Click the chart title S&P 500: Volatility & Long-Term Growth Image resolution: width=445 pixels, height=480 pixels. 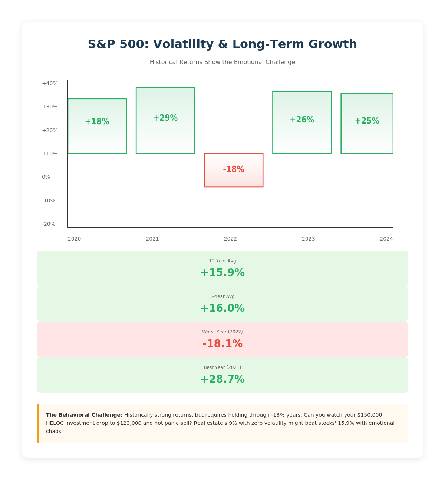pos(222,44)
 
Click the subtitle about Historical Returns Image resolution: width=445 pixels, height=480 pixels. pos(222,62)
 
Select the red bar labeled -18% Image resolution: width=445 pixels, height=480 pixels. pos(234,170)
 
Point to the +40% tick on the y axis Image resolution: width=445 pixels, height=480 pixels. pos(50,83)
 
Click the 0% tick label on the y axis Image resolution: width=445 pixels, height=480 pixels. pos(46,177)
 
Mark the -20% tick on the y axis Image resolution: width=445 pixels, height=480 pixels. pos(49,224)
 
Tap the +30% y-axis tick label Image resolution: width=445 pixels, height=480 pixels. pos(50,107)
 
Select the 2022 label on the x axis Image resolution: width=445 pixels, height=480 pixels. pos(230,239)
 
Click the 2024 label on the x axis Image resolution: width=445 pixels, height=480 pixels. pos(386,239)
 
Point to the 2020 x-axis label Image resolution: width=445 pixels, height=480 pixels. pos(75,239)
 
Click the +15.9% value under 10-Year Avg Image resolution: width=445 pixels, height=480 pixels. pos(222,273)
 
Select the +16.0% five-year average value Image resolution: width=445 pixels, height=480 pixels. pos(222,308)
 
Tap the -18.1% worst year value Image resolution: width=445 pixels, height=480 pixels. pos(222,344)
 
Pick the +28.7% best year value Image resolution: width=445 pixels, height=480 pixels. pos(222,379)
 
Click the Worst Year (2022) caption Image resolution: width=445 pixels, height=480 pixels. pos(222,332)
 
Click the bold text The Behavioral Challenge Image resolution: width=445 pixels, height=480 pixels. pos(84,415)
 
